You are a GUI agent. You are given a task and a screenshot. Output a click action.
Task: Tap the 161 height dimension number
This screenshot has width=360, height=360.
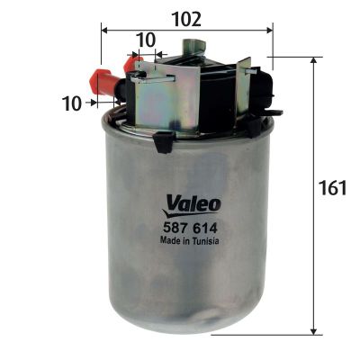pyautogui.click(x=333, y=189)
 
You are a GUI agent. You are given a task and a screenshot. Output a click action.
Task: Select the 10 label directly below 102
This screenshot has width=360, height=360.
pyautogui.click(x=144, y=40)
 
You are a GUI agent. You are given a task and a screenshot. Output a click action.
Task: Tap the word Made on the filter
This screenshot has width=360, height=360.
pyautogui.click(x=170, y=241)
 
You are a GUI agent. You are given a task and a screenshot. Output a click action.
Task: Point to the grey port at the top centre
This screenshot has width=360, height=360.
pyautogui.click(x=190, y=48)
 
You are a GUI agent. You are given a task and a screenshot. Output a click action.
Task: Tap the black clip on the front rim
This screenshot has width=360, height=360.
pyautogui.click(x=163, y=141)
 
